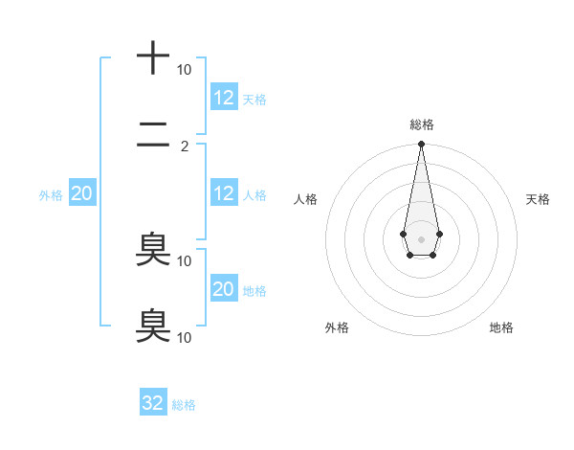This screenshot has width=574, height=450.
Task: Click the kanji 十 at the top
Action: click(x=153, y=57)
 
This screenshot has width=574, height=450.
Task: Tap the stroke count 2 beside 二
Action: click(x=185, y=146)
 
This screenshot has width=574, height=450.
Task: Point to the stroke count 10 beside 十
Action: click(x=184, y=70)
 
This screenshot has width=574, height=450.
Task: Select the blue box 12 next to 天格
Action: click(x=224, y=97)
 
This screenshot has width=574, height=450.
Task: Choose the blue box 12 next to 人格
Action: click(x=224, y=193)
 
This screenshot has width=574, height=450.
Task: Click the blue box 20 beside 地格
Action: click(x=224, y=289)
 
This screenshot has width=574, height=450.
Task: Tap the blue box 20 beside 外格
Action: click(x=81, y=193)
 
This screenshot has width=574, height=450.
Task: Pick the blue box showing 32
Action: click(x=153, y=403)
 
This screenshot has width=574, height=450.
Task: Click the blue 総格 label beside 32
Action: click(x=184, y=405)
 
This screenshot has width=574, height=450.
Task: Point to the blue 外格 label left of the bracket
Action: click(x=51, y=195)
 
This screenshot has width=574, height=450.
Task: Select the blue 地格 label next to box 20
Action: click(x=255, y=291)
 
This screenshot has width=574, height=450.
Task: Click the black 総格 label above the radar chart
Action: click(x=421, y=124)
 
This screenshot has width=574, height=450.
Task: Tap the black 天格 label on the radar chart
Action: click(x=539, y=199)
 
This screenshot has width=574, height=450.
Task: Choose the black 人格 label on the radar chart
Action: click(x=305, y=199)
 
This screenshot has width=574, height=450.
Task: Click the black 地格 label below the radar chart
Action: click(x=501, y=327)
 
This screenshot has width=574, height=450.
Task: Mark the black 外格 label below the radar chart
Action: click(x=337, y=327)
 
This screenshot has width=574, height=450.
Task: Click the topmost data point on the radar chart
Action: click(x=421, y=145)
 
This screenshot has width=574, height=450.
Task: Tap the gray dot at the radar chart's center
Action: click(x=421, y=238)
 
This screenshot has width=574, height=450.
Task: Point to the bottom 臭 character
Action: click(x=153, y=325)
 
